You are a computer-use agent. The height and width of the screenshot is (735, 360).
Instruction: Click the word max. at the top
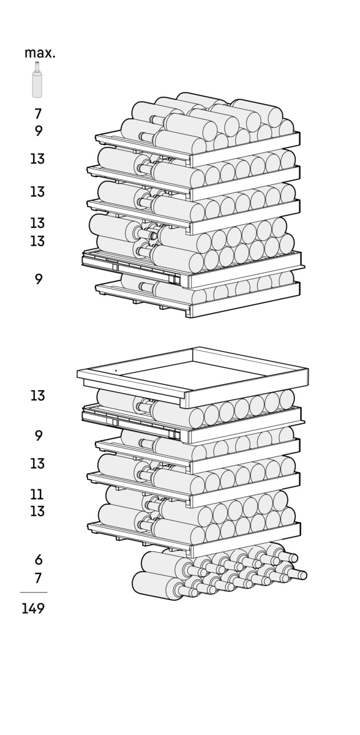pos(40,53)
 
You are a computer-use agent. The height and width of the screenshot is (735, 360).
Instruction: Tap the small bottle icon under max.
pos(37,80)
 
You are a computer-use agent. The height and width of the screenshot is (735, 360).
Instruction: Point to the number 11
pos(37,494)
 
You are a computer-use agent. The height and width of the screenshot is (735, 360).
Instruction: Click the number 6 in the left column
pos(39,559)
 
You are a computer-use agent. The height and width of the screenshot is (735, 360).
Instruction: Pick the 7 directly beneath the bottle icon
pos(39,114)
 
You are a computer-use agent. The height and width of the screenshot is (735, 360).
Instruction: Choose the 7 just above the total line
pos(39,578)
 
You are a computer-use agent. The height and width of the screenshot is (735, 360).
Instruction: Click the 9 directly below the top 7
pos(39,131)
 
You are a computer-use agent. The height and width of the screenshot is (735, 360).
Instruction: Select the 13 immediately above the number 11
pos(37,464)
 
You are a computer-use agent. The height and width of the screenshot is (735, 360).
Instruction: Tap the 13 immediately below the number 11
pos(37,511)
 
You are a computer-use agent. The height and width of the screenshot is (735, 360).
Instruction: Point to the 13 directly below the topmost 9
pos(37,159)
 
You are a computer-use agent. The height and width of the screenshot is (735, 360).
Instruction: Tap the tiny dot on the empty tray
pos(116,371)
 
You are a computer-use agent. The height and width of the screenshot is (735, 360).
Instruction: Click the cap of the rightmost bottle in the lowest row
pos(303,575)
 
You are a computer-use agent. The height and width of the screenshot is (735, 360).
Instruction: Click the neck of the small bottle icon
pos(37,67)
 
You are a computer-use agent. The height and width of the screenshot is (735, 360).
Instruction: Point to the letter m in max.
pos(30,54)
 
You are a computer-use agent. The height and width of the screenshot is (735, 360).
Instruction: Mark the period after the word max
pos(54,57)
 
